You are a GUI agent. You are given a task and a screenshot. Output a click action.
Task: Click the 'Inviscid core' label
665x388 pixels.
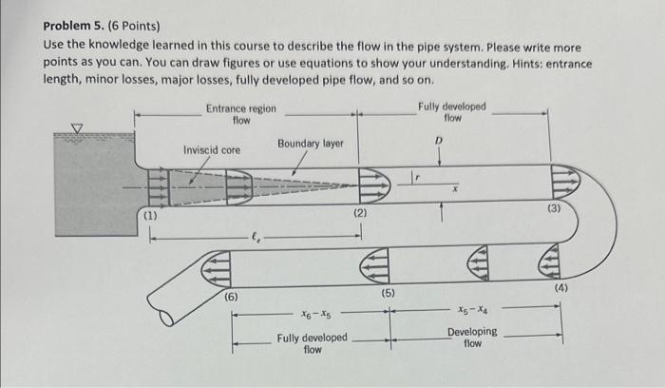pyautogui.click(x=212, y=150)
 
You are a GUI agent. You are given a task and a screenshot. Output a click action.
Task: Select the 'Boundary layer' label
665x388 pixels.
pyautogui.click(x=311, y=144)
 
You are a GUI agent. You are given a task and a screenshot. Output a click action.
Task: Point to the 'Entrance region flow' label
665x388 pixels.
pyautogui.click(x=241, y=114)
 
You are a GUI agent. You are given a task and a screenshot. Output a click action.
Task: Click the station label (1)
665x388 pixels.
pyautogui.click(x=148, y=218)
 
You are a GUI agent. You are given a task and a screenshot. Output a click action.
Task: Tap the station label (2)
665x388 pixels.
pyautogui.click(x=360, y=216)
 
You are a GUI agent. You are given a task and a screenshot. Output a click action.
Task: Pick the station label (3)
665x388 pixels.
pyautogui.click(x=554, y=207)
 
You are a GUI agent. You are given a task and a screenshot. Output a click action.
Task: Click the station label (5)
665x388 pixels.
pyautogui.click(x=388, y=292)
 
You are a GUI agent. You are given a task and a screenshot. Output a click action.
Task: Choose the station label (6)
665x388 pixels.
pyautogui.click(x=232, y=297)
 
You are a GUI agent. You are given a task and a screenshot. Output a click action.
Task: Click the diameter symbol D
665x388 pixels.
pyautogui.click(x=439, y=141)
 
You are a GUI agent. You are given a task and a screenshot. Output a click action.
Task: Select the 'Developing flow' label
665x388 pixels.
pyautogui.click(x=472, y=337)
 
